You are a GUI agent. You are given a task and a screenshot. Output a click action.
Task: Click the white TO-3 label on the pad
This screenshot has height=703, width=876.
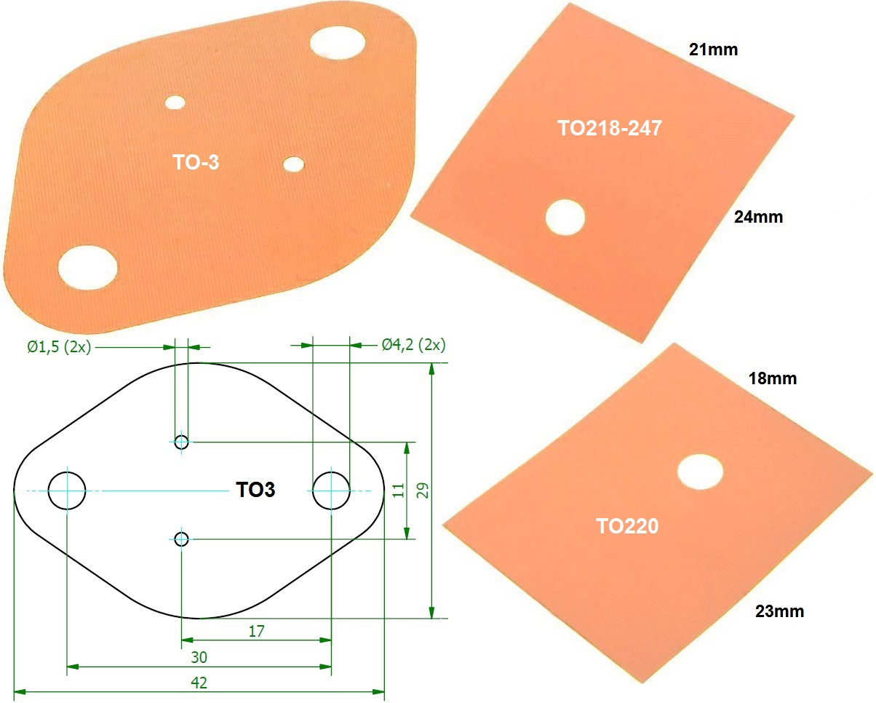(x=196, y=163)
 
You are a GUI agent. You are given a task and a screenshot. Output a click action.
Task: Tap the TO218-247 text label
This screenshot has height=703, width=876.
(x=610, y=129)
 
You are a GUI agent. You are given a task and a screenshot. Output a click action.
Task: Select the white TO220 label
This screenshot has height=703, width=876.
(x=627, y=525)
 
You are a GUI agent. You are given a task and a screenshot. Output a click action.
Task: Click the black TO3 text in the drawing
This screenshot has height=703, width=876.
(x=256, y=490)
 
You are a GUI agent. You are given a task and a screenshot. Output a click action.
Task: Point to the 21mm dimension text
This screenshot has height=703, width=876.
(x=714, y=49)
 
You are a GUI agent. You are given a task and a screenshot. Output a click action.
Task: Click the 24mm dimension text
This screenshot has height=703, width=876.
(x=759, y=217)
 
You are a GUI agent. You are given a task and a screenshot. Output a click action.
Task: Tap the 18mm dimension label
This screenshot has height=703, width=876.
(x=773, y=378)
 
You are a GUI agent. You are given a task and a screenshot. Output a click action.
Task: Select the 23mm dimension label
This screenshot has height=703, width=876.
(x=780, y=611)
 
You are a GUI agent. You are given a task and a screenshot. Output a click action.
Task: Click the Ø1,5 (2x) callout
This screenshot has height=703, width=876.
(x=59, y=346)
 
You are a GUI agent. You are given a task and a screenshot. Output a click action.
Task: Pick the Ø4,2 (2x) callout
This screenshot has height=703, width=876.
(x=414, y=345)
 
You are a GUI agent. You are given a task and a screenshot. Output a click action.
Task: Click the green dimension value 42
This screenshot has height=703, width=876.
(x=199, y=683)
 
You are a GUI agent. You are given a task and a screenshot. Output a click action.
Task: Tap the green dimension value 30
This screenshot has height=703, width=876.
(x=199, y=657)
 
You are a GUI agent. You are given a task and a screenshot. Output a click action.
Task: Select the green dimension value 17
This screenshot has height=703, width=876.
(x=256, y=631)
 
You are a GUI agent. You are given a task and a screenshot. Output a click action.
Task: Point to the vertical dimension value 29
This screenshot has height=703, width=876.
(x=421, y=490)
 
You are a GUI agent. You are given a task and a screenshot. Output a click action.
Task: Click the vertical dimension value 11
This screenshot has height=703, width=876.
(x=397, y=490)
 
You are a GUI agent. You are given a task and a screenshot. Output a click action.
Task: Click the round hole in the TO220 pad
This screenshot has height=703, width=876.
(x=700, y=471)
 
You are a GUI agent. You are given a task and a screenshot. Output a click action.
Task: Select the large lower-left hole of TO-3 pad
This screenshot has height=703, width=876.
(x=87, y=267)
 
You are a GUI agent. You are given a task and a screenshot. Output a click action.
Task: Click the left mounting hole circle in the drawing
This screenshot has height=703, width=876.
(x=67, y=490)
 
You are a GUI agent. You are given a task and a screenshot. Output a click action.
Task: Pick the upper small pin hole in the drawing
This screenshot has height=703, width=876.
(x=182, y=442)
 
